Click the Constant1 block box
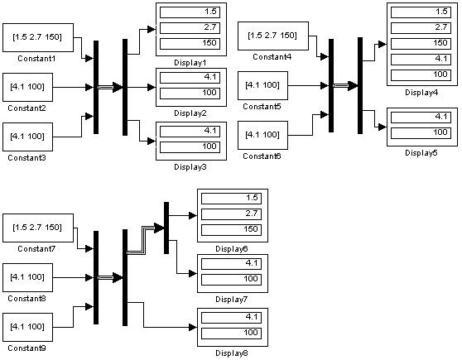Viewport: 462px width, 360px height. point(38,38)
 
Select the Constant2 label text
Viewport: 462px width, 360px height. point(26,108)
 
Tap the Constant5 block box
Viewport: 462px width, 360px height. point(262,85)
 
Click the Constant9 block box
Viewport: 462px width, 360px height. point(27,327)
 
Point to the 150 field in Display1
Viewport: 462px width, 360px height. point(190,44)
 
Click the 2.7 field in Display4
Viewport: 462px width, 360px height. point(421,28)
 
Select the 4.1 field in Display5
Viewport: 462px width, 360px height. point(421,118)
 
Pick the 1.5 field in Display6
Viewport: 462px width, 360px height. point(231,198)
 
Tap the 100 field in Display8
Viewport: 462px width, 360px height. point(231,334)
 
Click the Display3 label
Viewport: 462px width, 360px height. point(190,166)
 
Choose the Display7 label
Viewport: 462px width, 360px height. point(231,300)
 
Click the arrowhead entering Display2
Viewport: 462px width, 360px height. point(152,87)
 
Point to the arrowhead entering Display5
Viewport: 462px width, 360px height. point(383,127)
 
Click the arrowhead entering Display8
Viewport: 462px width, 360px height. point(193,327)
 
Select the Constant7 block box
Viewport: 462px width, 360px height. point(38,228)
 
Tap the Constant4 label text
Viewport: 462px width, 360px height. point(272,56)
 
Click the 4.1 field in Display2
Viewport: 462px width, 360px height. point(190,78)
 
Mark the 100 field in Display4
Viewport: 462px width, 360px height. point(421,74)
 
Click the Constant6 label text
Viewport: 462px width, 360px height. point(262,156)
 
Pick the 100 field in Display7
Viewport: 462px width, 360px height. point(231,279)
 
